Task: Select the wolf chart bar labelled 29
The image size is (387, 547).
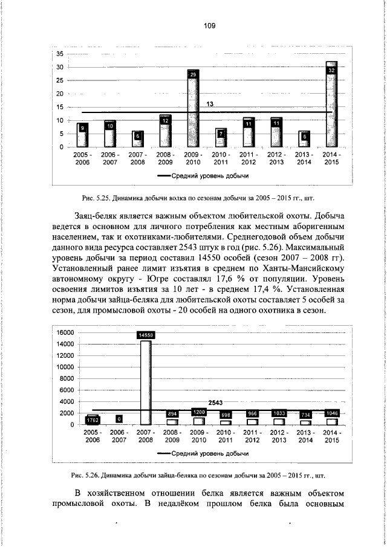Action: pyautogui.click(x=193, y=109)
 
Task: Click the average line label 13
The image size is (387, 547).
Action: pyautogui.click(x=210, y=105)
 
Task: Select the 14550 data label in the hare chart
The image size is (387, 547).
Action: pyautogui.click(x=146, y=334)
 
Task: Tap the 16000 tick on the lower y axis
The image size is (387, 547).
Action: pyautogui.click(x=65, y=332)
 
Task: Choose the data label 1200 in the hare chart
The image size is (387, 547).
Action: pyautogui.click(x=198, y=412)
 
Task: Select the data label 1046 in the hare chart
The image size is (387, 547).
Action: pyautogui.click(x=331, y=413)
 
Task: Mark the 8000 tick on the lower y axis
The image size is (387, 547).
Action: pyautogui.click(x=67, y=378)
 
